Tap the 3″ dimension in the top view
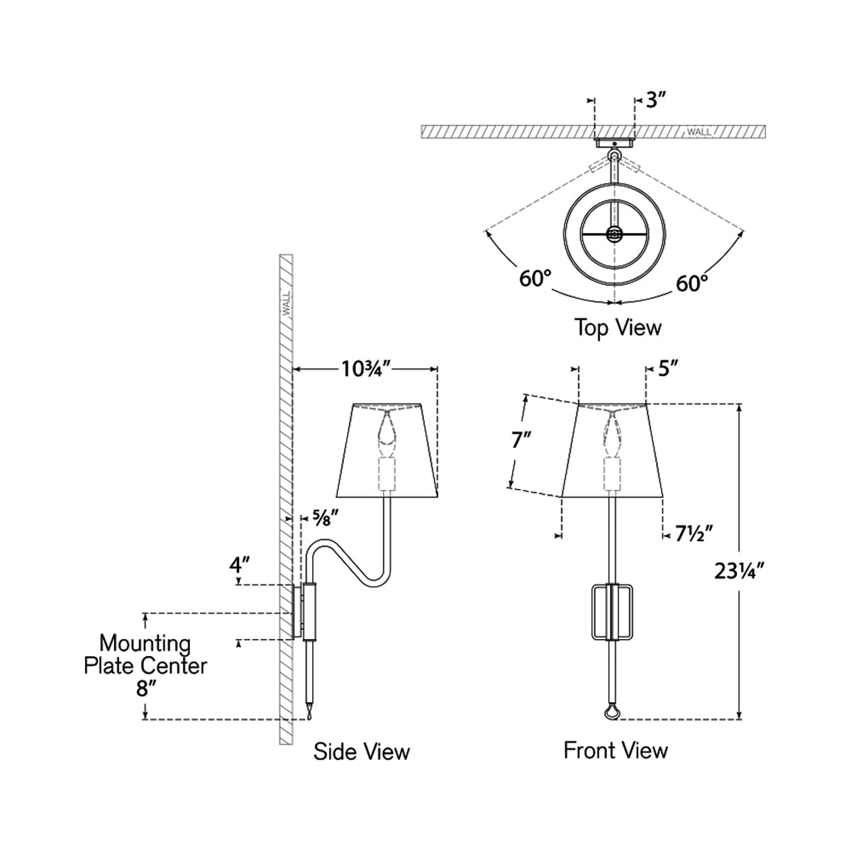coord(657,100)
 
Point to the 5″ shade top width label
coord(669,368)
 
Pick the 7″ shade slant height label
coord(521,441)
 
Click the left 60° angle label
coord(535,279)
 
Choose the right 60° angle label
coord(691,284)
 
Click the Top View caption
coord(617,328)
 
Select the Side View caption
coord(361,751)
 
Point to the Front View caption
coord(616,750)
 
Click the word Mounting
coord(145,644)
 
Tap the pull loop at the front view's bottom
coord(611,711)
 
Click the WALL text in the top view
coord(699,132)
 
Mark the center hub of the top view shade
coord(613,233)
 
